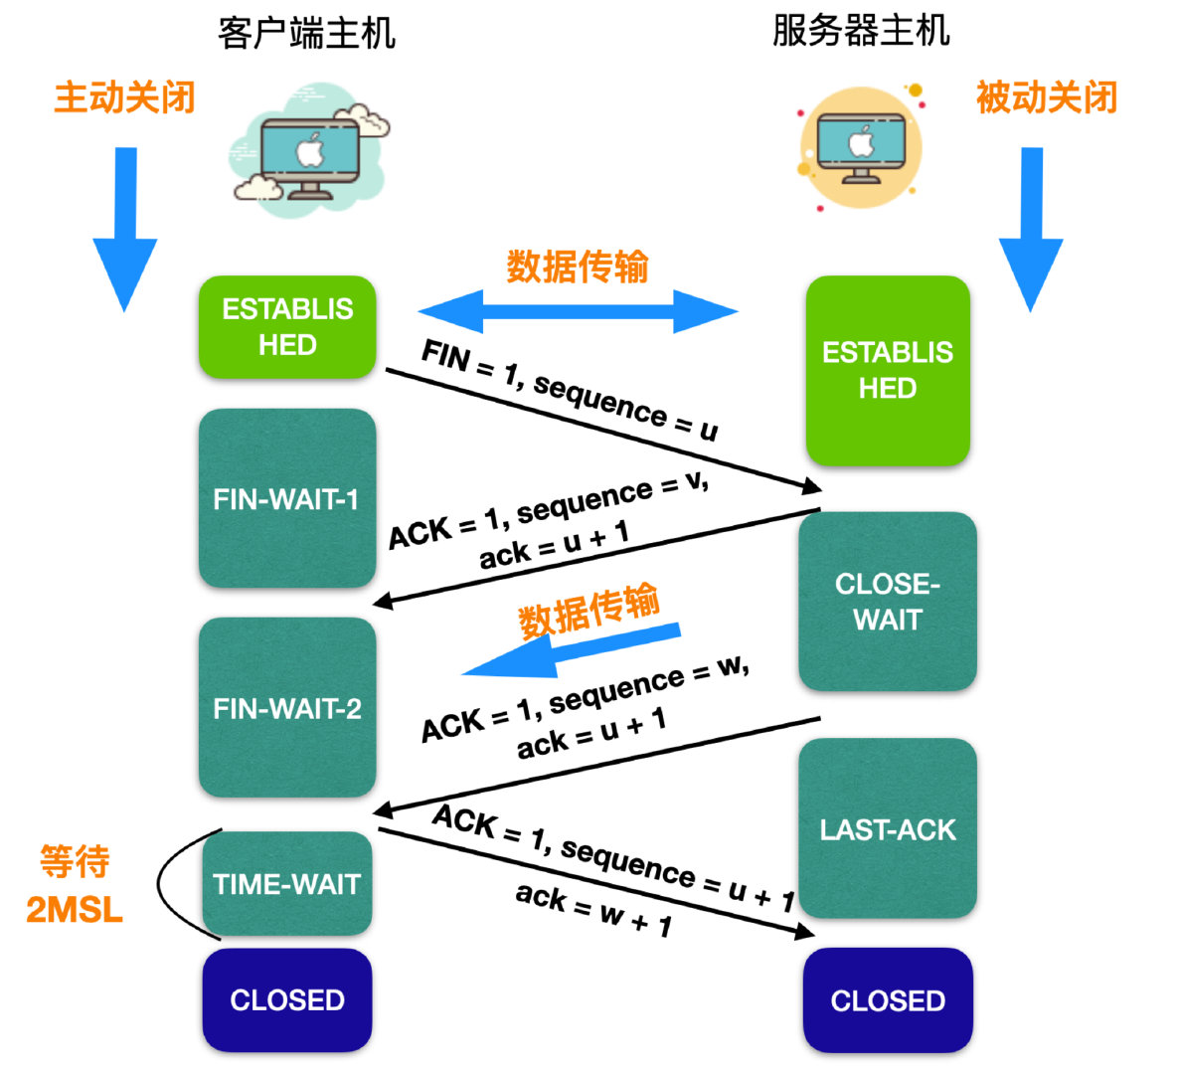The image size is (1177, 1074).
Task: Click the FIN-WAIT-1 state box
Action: coord(287,498)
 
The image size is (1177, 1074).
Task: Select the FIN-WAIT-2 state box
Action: coord(287,708)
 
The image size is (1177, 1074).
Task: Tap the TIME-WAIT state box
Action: coord(287,883)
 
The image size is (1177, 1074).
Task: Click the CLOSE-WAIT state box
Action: coord(887,602)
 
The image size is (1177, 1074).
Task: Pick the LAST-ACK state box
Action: coord(887,828)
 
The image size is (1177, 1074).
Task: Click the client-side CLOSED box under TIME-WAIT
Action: coord(287,999)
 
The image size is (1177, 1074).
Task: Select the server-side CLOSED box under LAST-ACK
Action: coord(887,999)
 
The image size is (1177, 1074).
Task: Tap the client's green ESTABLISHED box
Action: coord(287,327)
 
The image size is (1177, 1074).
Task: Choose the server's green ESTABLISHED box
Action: coord(887,370)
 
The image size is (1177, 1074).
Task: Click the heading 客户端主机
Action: coord(306,33)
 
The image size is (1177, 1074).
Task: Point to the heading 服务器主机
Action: coord(861,31)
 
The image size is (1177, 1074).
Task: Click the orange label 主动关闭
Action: coord(124,97)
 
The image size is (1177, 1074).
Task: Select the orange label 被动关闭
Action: coord(1046,97)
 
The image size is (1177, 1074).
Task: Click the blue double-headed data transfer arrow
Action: coord(578,311)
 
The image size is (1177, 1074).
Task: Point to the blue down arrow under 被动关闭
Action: coord(1031,229)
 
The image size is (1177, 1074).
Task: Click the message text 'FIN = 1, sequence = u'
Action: coord(569,390)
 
